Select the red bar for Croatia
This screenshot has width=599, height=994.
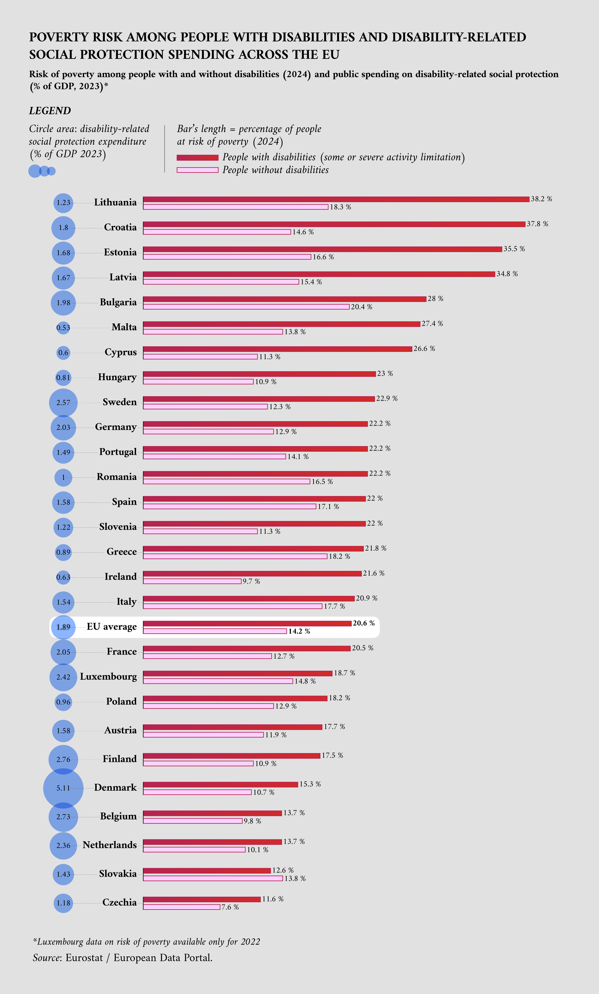(x=334, y=224)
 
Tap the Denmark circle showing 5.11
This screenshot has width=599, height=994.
(x=63, y=788)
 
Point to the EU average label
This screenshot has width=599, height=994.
(x=112, y=627)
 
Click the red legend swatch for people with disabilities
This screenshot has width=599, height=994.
(x=197, y=157)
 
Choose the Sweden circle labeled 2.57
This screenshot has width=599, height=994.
(x=63, y=402)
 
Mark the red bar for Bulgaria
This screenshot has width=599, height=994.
(x=285, y=299)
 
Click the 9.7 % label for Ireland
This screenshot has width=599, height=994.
(x=251, y=581)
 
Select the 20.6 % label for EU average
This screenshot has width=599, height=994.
(x=363, y=623)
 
